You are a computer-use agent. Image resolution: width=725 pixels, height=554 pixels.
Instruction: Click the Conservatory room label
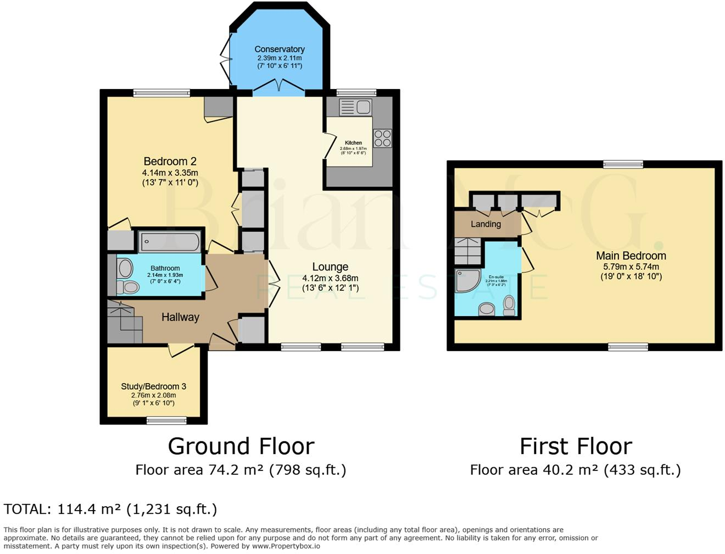click(279, 49)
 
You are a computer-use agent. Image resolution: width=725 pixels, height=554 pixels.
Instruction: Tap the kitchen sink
click(355, 107)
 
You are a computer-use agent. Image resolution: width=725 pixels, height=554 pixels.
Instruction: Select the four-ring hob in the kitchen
click(383, 138)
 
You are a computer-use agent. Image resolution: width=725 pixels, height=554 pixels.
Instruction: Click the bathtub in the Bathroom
click(169, 241)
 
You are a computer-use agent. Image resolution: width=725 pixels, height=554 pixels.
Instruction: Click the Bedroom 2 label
click(170, 162)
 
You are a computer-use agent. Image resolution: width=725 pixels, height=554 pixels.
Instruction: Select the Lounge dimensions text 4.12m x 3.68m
click(330, 278)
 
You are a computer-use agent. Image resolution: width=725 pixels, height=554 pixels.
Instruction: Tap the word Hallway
click(180, 317)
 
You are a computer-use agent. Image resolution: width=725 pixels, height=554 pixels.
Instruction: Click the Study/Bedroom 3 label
click(153, 386)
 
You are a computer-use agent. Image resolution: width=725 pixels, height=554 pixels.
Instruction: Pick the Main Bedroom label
click(631, 256)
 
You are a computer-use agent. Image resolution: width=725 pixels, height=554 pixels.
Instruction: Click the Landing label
click(486, 224)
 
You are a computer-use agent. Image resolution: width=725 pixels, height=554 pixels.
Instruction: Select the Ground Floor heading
click(241, 446)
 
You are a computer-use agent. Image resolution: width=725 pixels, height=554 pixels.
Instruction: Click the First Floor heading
click(576, 446)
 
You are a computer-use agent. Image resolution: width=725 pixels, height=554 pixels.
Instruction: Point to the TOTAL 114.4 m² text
click(110, 509)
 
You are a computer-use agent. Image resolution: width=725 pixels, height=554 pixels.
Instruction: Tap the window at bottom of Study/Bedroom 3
click(166, 421)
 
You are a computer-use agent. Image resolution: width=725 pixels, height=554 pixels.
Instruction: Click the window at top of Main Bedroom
click(622, 164)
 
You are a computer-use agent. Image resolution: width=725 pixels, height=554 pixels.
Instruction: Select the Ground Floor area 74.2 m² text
click(241, 470)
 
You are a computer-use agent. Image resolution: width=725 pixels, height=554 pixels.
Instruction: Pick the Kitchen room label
click(353, 143)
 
